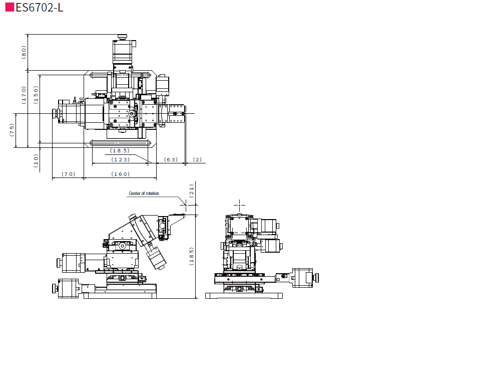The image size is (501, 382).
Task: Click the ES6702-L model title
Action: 40,8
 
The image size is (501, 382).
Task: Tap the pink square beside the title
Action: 10,7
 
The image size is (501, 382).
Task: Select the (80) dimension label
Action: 24,52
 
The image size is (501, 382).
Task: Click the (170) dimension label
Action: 24,95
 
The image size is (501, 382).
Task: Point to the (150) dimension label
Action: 36,95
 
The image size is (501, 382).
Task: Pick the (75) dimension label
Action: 12,130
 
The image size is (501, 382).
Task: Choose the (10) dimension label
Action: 36,160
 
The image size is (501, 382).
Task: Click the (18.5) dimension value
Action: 120,150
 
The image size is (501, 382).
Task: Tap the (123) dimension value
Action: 121,159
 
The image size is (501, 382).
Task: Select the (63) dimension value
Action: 171,159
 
